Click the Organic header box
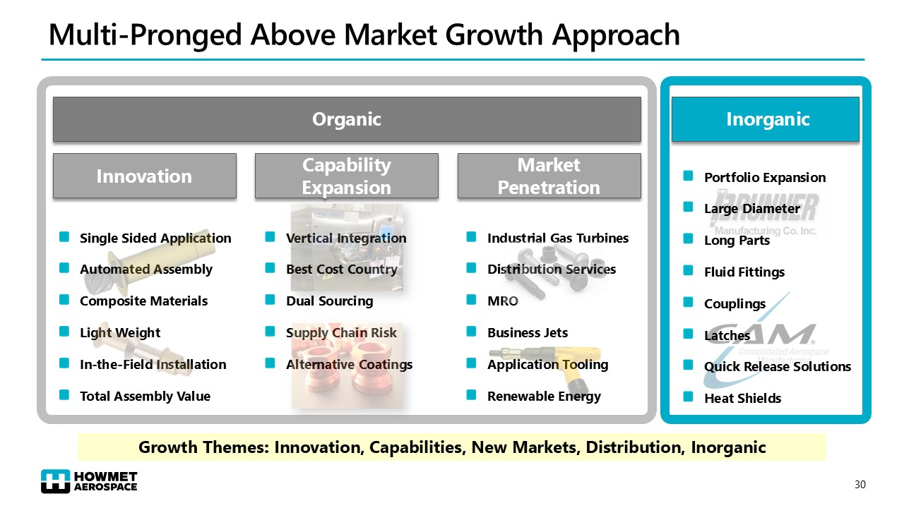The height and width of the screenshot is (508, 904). point(347,119)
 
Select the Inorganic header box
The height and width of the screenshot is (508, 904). point(765,119)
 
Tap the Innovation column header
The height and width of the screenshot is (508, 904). point(145,176)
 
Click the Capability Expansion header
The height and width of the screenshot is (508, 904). point(347,176)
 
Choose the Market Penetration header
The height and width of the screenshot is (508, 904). point(549,176)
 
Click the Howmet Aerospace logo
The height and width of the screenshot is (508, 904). point(89,481)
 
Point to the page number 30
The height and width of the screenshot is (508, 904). point(860,485)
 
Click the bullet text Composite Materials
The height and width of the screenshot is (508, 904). point(143,301)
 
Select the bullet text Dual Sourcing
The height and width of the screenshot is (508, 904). point(330,301)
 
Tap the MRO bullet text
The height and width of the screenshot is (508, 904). point(503,301)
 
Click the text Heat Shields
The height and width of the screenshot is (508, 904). point(742,399)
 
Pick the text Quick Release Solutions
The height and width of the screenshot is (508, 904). point(778,366)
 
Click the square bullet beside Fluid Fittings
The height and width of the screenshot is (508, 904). point(688,270)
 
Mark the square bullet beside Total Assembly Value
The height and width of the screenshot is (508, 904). point(64,394)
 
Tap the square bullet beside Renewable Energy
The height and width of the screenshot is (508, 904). point(471,394)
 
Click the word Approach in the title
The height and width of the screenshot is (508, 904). point(616,35)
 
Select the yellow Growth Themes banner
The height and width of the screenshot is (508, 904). point(452,447)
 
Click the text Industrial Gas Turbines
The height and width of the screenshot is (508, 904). point(558,238)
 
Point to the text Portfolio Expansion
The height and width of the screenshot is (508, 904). point(765,178)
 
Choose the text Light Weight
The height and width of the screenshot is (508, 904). point(120,333)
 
